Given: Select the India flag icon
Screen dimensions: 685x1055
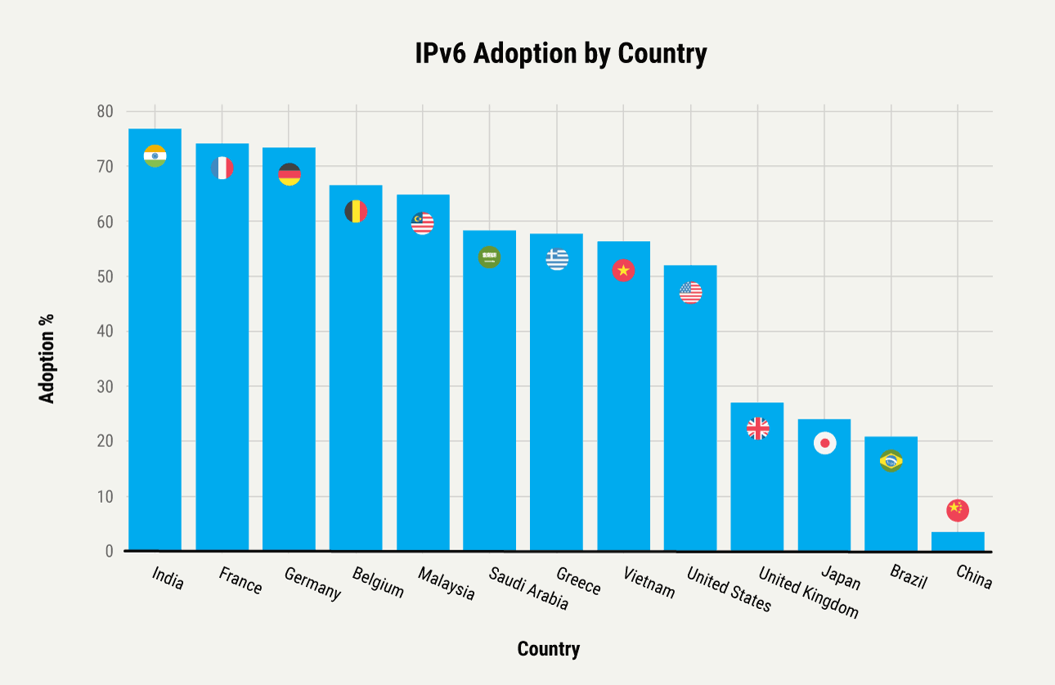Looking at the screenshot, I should point(155,155).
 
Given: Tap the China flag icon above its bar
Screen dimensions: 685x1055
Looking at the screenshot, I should point(958,510).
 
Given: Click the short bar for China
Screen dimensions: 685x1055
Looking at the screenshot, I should point(958,541).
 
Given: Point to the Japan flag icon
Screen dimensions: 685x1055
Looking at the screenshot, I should point(824,443).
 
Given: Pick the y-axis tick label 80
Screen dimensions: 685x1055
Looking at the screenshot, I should point(105,111).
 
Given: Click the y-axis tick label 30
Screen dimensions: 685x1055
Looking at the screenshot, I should point(105,387).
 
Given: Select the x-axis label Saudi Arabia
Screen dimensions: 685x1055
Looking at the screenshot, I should point(528,588).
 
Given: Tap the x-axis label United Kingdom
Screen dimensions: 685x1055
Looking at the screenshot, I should point(808,592).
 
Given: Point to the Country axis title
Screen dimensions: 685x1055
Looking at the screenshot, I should point(549,649).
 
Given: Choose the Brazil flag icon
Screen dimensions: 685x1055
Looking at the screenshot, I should point(891,461).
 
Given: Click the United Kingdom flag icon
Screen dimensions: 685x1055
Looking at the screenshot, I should point(757,428).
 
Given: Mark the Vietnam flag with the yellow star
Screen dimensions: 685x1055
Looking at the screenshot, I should point(623,271).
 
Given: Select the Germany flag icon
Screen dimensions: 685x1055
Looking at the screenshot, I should point(289,174).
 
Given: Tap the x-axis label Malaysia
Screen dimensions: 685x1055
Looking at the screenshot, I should point(447,584).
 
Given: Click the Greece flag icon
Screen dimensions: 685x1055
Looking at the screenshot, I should point(557,259).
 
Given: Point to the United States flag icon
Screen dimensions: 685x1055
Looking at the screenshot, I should point(690,293).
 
